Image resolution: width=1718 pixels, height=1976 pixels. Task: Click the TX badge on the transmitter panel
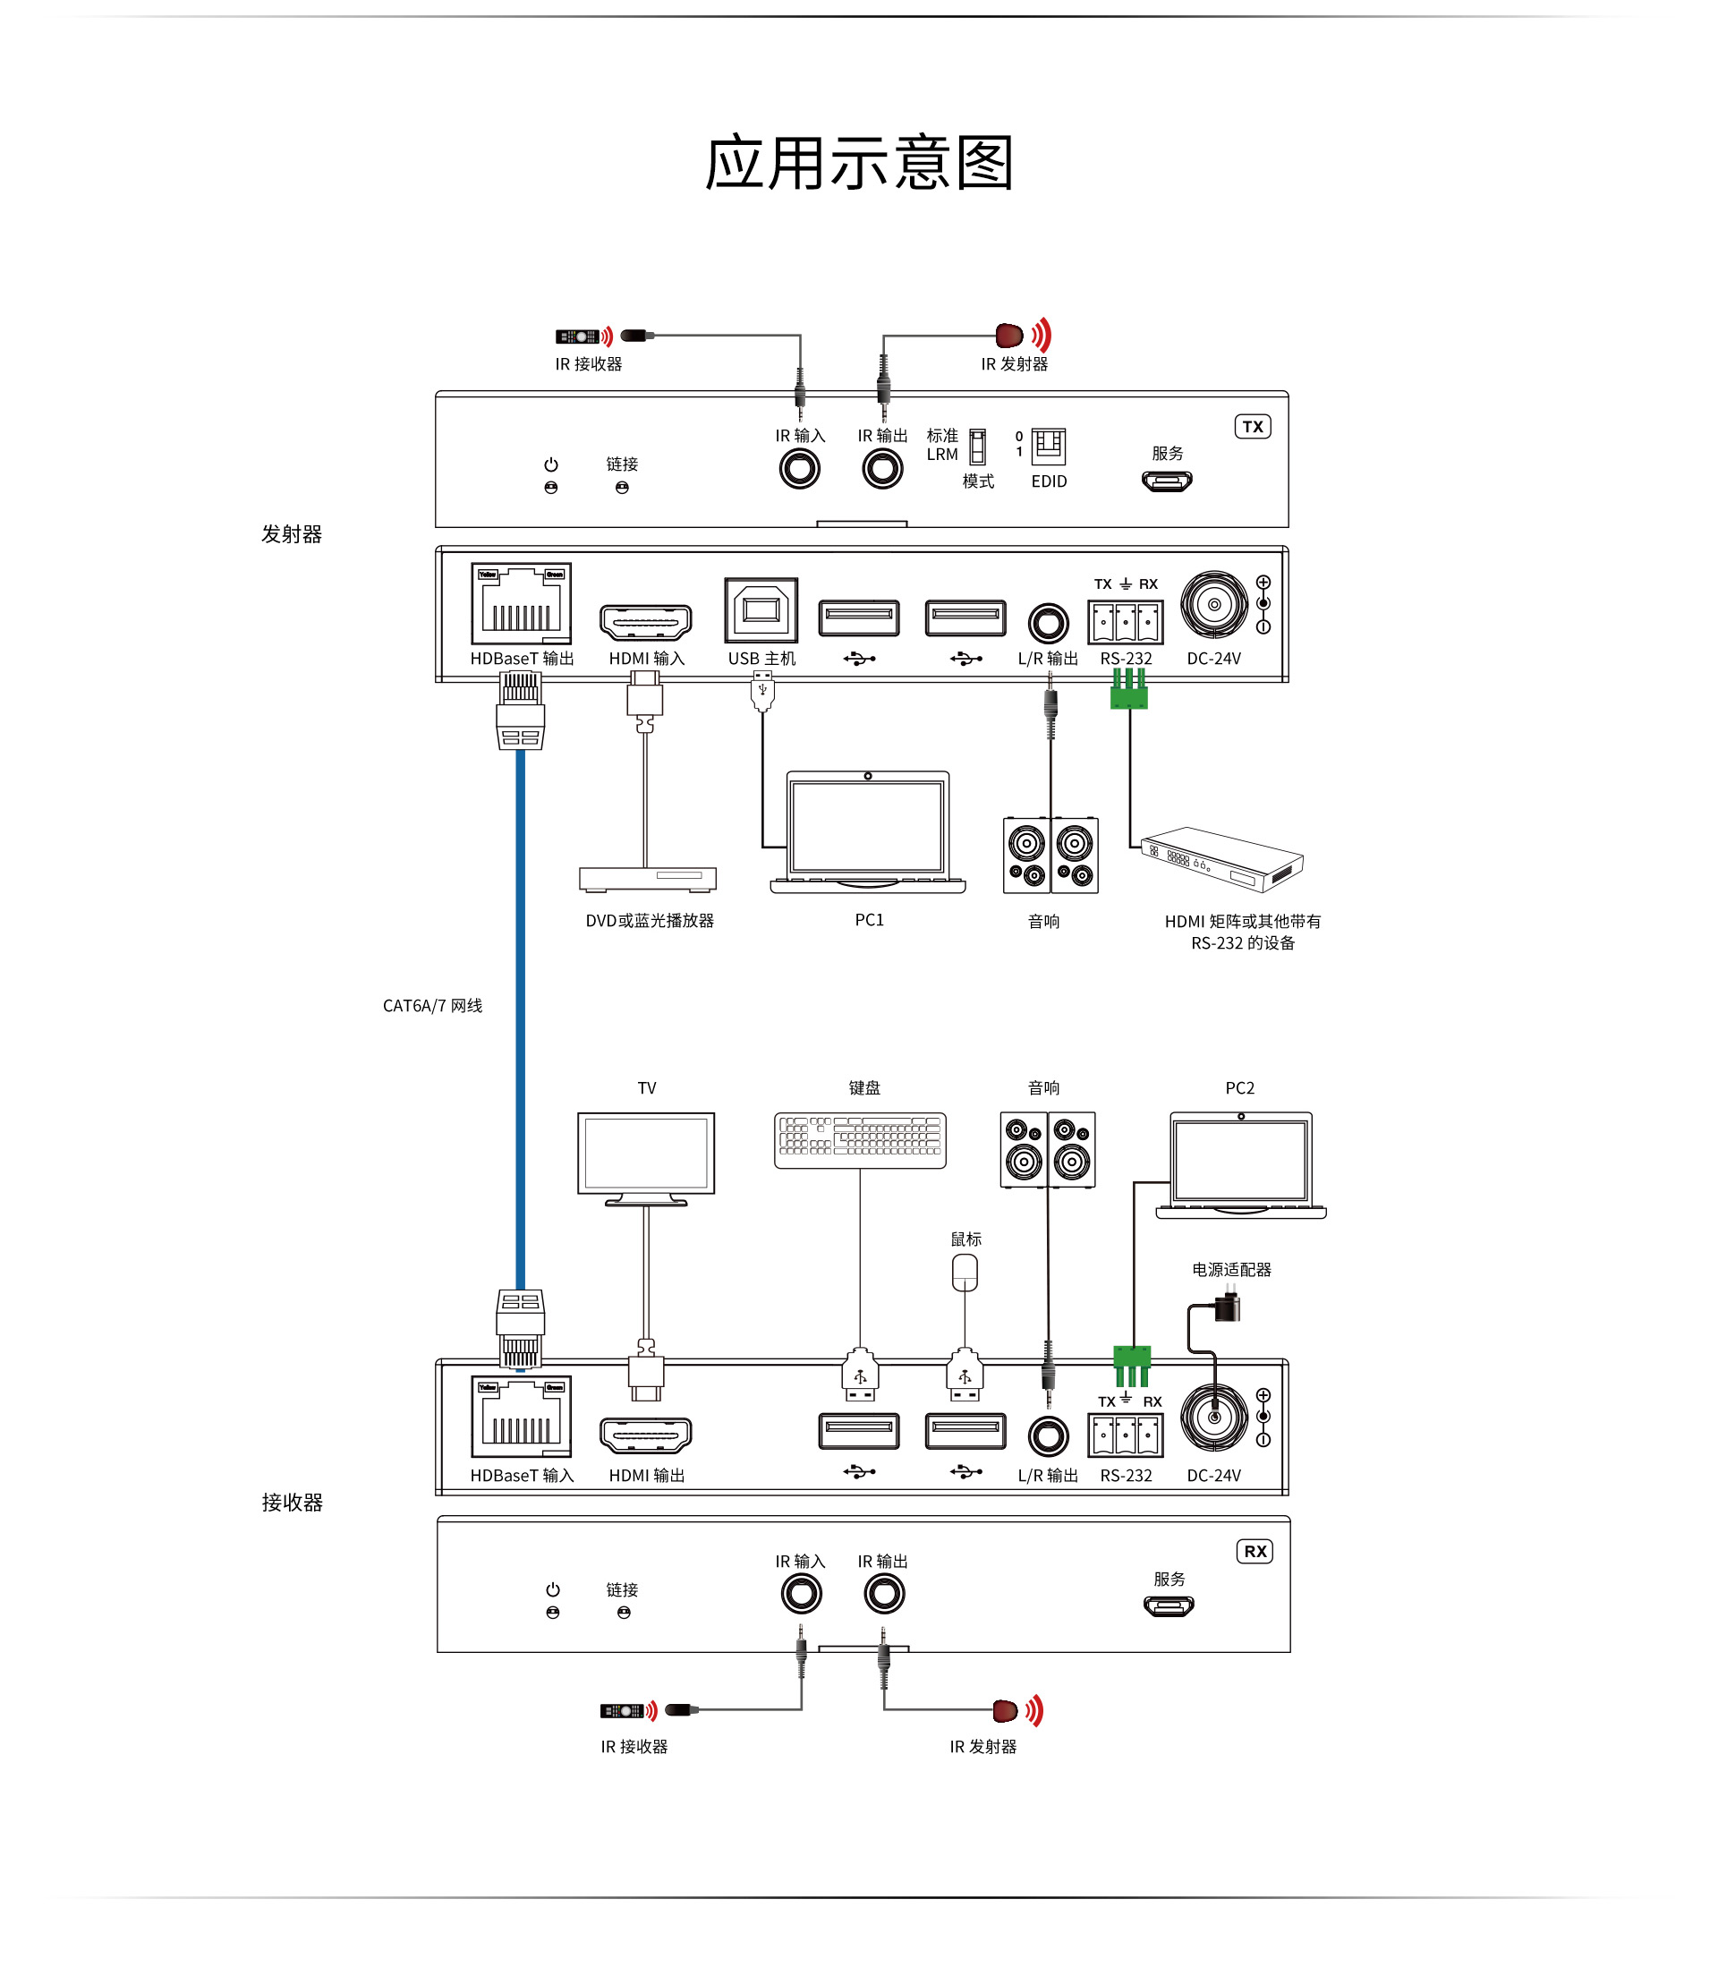click(1252, 427)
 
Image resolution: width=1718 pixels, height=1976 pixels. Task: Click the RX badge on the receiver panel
click(1254, 1551)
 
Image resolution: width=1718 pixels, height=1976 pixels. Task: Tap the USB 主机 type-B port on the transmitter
click(761, 609)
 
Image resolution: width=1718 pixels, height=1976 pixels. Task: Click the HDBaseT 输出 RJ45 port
click(521, 604)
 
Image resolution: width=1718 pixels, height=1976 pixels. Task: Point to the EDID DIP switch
click(1048, 446)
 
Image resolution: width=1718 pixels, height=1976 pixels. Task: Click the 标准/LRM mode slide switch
click(977, 447)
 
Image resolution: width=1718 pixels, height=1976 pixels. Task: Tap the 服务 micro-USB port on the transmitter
click(1167, 481)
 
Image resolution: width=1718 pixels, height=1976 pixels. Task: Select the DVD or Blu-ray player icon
click(647, 878)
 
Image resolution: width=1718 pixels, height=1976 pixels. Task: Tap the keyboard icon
click(860, 1140)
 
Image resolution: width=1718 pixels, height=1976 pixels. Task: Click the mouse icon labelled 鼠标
click(965, 1273)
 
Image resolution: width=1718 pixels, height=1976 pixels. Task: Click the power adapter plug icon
click(1227, 1307)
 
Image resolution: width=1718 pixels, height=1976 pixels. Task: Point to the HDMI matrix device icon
click(1222, 859)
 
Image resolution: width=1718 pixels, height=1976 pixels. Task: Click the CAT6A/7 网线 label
click(432, 1006)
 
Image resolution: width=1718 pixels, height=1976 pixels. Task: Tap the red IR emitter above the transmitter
click(1008, 336)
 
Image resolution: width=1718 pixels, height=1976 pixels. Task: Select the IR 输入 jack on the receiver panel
click(801, 1594)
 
